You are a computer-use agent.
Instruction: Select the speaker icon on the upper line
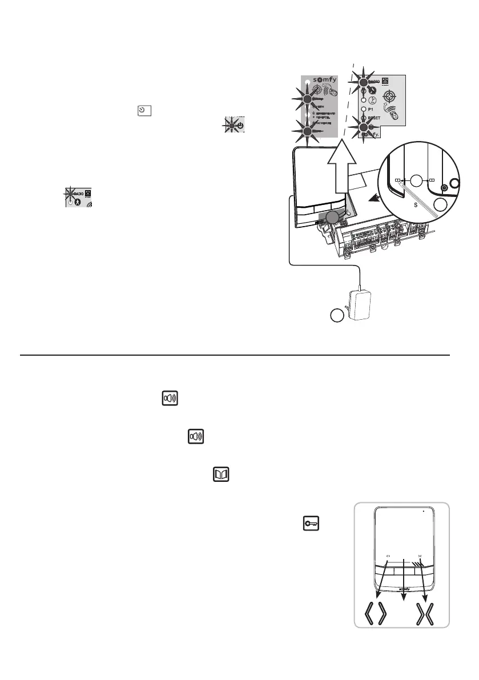(169, 399)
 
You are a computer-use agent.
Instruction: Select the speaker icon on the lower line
(196, 437)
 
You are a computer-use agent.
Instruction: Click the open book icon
(220, 475)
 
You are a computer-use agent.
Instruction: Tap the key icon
(308, 522)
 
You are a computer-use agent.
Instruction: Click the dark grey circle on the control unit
(332, 216)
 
